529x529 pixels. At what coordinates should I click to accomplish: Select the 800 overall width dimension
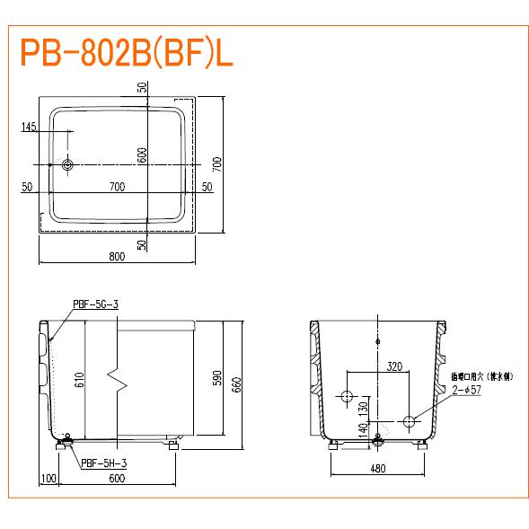click(x=117, y=257)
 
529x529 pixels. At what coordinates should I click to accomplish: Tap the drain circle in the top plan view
click(x=67, y=164)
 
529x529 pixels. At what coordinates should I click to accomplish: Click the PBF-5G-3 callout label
click(x=94, y=304)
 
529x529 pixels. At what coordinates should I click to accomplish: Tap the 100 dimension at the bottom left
click(x=48, y=479)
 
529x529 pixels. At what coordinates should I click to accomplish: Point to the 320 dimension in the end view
click(x=394, y=366)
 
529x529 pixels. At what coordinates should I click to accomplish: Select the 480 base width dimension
click(x=377, y=468)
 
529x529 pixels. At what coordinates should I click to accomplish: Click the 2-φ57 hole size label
click(x=468, y=391)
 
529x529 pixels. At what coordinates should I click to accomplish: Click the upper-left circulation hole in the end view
click(x=347, y=396)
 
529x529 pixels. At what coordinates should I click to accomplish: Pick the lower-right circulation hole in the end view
click(x=409, y=421)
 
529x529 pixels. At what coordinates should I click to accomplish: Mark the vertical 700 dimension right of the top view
click(x=216, y=164)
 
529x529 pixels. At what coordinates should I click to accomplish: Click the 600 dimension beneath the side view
click(x=117, y=479)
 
